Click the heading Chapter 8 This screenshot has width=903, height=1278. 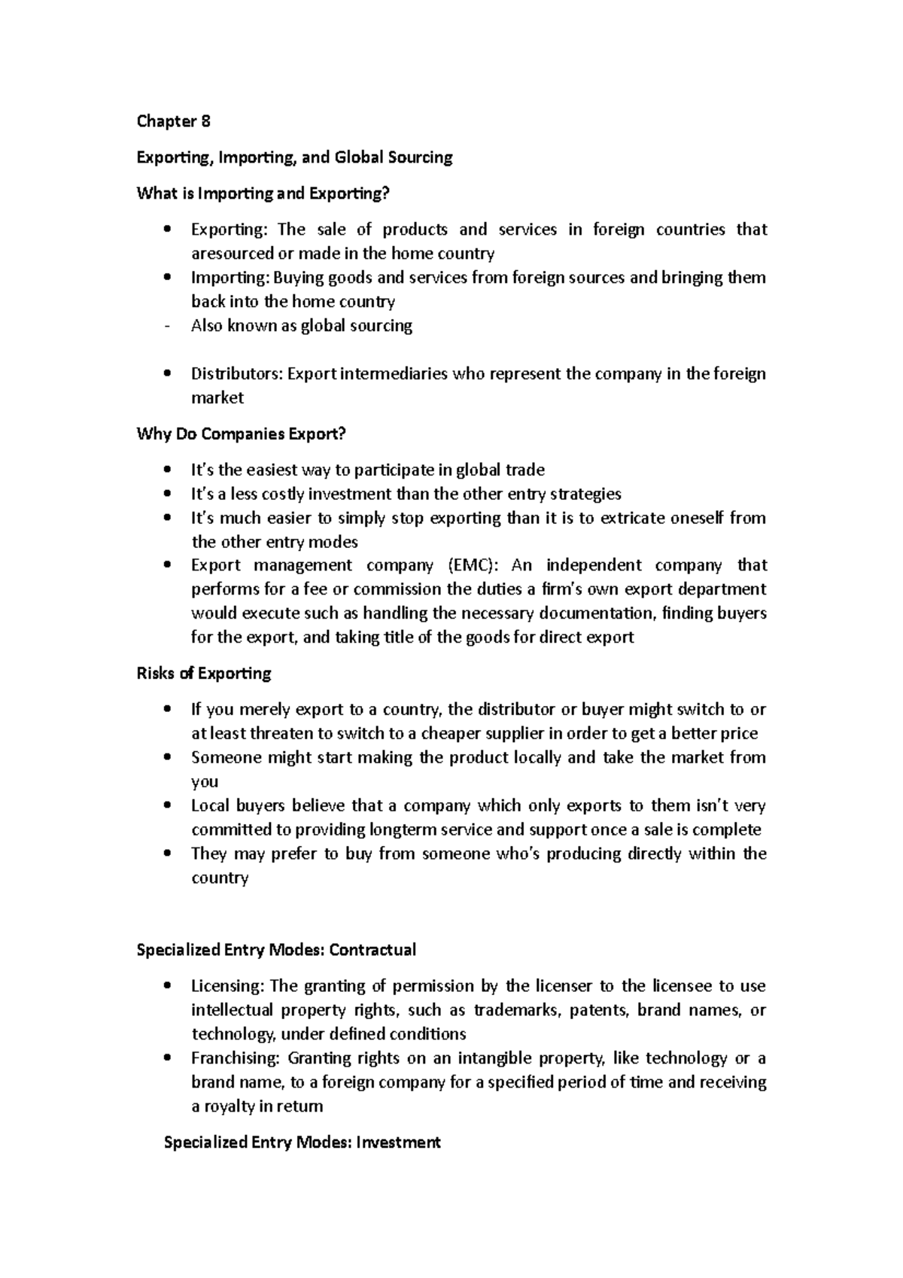[173, 121]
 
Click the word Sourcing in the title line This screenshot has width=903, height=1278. [420, 157]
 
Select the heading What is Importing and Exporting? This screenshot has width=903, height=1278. [263, 193]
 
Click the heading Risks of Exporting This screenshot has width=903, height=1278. [203, 673]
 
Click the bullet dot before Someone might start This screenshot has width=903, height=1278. [167, 757]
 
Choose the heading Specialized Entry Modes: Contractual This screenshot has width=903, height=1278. [275, 950]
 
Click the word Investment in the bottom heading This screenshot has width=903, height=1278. [398, 1143]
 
